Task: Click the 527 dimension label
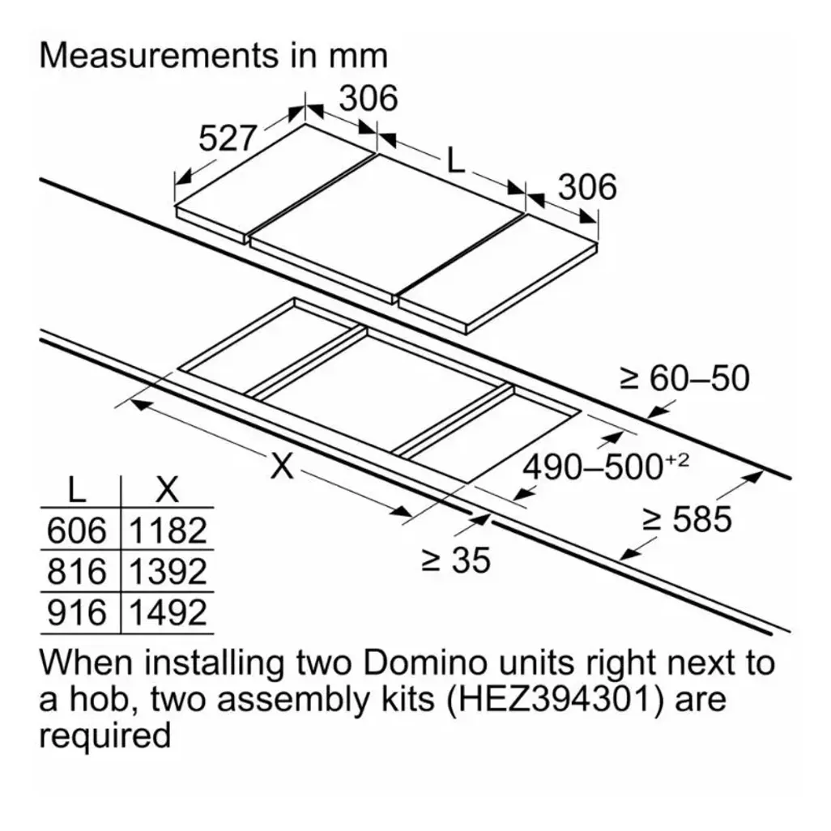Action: coord(228,138)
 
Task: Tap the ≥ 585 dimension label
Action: coord(687,519)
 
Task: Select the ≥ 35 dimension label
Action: coord(456,560)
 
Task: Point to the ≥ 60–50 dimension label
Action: coord(684,378)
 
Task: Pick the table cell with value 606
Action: coord(78,530)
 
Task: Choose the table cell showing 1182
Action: coord(168,530)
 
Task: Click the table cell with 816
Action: coord(78,571)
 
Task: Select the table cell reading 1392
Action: coord(168,571)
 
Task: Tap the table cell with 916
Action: coord(78,612)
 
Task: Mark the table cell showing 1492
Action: coord(168,612)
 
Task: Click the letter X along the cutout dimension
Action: coord(281,467)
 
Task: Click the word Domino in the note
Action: coord(425,663)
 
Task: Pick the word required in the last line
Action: coord(105,736)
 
